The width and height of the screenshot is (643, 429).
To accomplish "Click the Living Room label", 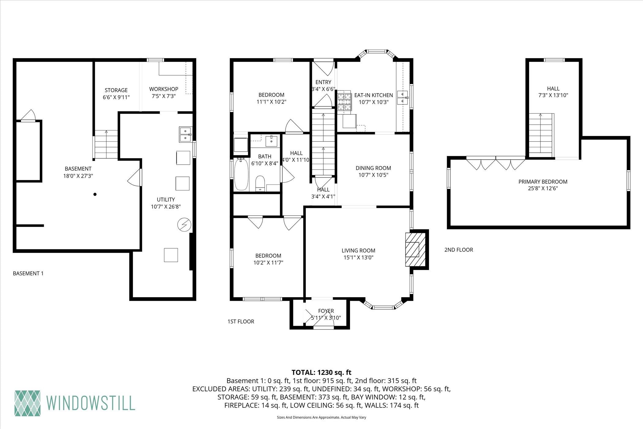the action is pyautogui.click(x=358, y=251).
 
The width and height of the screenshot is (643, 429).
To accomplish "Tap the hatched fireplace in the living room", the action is pyautogui.click(x=415, y=249).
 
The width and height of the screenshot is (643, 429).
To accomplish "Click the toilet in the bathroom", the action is pyautogui.click(x=260, y=183).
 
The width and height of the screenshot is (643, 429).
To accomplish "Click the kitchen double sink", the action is pyautogui.click(x=403, y=97).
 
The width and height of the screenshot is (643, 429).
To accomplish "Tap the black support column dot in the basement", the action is pyautogui.click(x=95, y=194).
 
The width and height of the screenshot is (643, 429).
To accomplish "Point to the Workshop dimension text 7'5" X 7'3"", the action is pyautogui.click(x=164, y=96).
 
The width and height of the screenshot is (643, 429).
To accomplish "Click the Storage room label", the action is pyautogui.click(x=116, y=90).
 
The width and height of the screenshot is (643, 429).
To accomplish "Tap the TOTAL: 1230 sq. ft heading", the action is pyautogui.click(x=321, y=373).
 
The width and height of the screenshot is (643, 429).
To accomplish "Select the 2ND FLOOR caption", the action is pyautogui.click(x=459, y=250).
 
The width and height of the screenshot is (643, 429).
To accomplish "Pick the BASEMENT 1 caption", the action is pyautogui.click(x=28, y=273).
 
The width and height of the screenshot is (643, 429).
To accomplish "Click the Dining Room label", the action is pyautogui.click(x=373, y=168).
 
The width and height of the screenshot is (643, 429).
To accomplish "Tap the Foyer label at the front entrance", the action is pyautogui.click(x=326, y=311).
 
